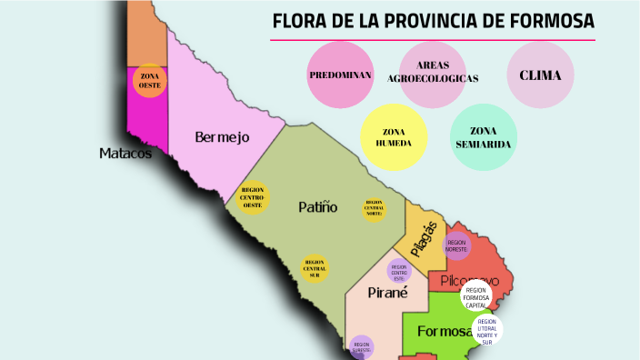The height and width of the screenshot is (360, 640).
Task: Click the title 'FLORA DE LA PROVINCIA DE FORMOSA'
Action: (433, 21)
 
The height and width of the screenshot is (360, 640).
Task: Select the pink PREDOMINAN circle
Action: (341, 75)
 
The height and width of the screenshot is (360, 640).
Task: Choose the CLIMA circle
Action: (540, 75)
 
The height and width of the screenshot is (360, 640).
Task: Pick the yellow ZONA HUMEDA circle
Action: (394, 137)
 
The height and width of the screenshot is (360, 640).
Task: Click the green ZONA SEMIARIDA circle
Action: (484, 137)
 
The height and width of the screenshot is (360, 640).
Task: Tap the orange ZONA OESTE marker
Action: (149, 80)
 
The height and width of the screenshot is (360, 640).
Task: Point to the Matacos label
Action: (125, 154)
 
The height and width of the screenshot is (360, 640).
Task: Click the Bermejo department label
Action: (222, 137)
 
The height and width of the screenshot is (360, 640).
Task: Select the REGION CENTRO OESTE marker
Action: (253, 197)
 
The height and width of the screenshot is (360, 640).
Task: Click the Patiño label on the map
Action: (318, 207)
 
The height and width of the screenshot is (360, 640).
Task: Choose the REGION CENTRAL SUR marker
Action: (315, 268)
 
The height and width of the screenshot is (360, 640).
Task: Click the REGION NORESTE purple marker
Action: (456, 245)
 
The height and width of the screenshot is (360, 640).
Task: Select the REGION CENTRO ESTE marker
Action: (399, 271)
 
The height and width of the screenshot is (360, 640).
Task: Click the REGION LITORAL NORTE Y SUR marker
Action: (487, 332)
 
